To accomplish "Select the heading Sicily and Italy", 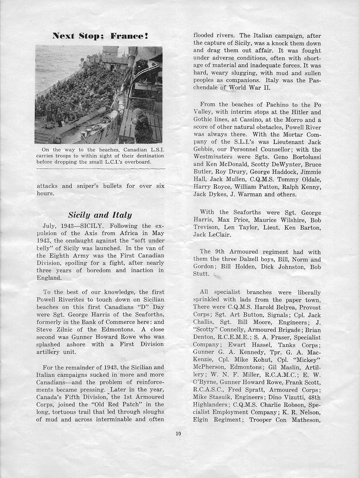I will click(100, 215).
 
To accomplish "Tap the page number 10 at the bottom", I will click(179, 434).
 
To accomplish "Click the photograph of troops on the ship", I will click(99, 95).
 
